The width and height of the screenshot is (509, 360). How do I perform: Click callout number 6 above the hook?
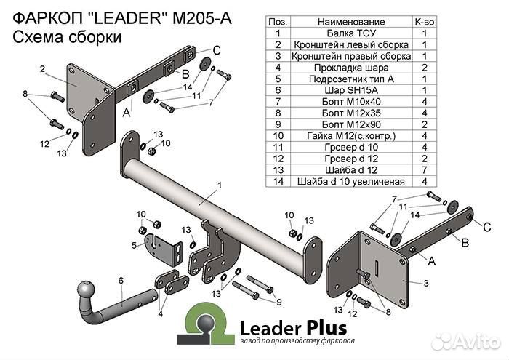tap(121, 280)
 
